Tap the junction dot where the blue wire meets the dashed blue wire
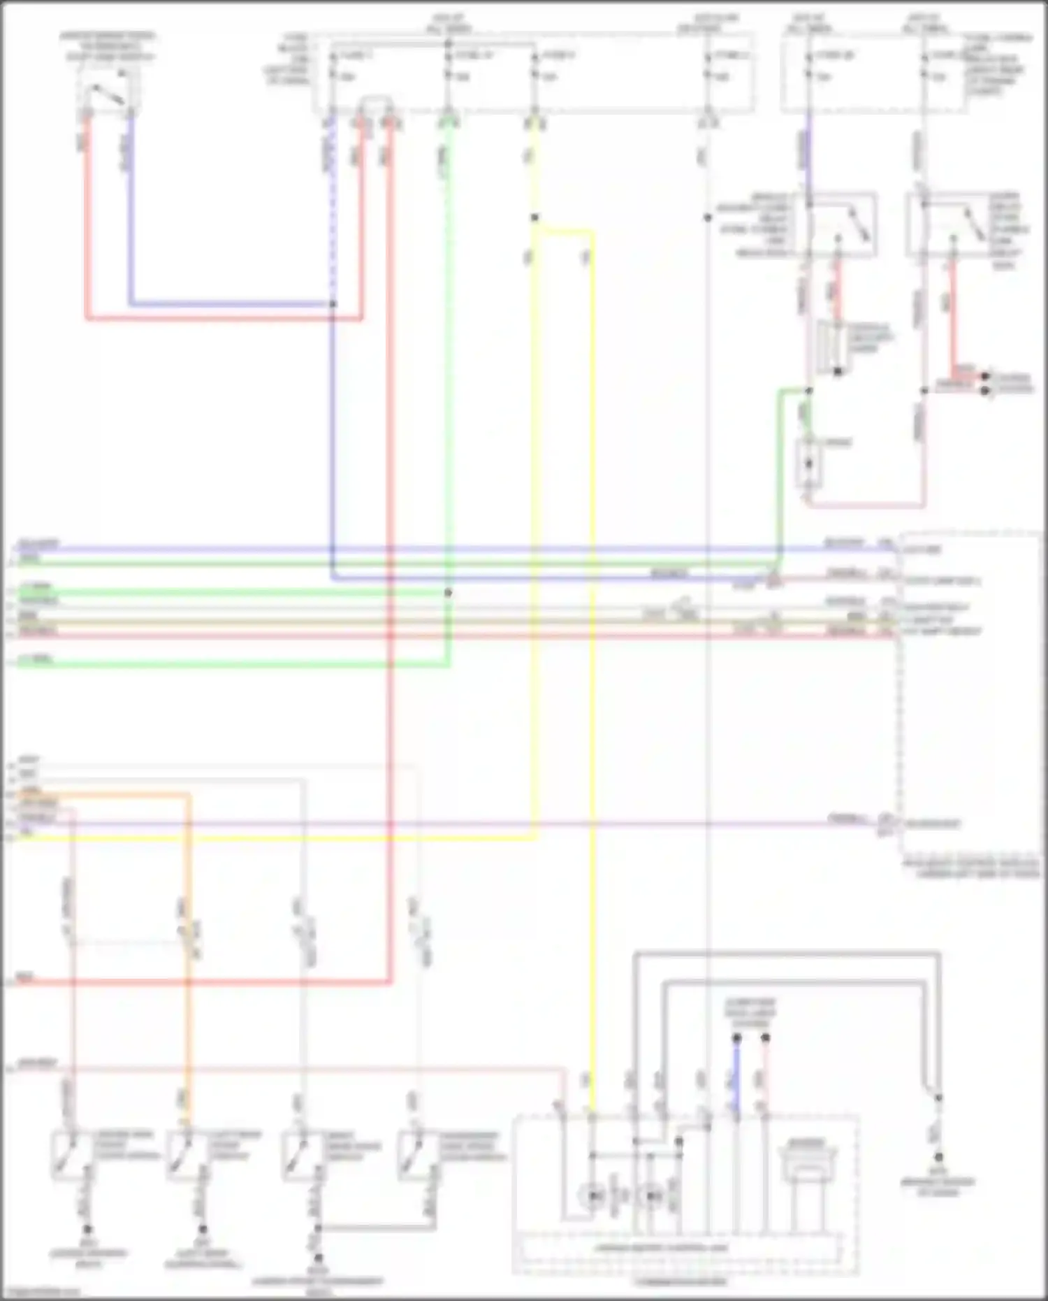(x=333, y=304)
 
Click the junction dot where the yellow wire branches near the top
(x=534, y=217)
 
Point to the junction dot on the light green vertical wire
(x=448, y=592)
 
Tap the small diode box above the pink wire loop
(x=809, y=463)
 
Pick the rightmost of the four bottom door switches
(x=416, y=1155)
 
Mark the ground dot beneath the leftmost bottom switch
(x=87, y=1229)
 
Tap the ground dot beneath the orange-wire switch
(x=203, y=1229)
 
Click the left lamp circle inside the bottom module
(x=594, y=1196)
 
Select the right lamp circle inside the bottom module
(x=651, y=1196)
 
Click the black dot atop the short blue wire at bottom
(x=736, y=1038)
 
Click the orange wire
(x=187, y=909)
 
